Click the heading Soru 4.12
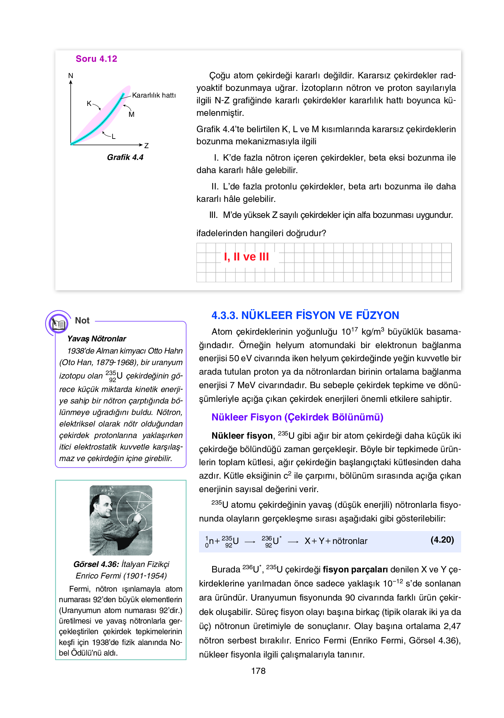coord(96,59)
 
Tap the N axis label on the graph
coord(71,76)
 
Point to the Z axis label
coord(146,146)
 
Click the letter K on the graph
coord(89,103)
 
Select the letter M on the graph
coord(132,115)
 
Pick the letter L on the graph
coord(114,137)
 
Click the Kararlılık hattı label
coord(154,95)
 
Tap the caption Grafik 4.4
coord(125,157)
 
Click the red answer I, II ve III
coord(246,257)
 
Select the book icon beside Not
coord(58,323)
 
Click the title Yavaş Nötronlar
coord(97,339)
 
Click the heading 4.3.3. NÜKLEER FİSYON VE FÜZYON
coord(305,315)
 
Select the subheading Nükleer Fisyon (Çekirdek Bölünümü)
coord(297,417)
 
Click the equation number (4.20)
coord(442,540)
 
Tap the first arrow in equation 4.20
coord(250,542)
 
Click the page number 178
coord(258,671)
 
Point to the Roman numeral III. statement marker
coord(213,215)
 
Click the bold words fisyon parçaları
coord(355,570)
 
